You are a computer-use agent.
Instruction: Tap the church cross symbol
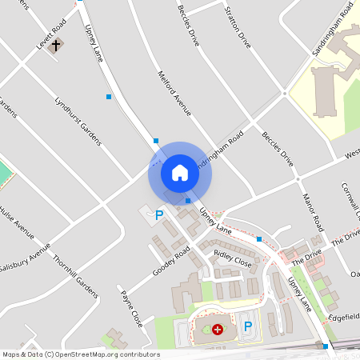(x=55, y=46)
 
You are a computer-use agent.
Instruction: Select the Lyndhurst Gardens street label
(x=78, y=121)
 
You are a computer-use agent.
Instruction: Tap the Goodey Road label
(x=171, y=262)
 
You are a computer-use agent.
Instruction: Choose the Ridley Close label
(x=233, y=258)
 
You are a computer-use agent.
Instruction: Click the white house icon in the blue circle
(x=180, y=172)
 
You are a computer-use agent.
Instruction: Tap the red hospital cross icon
(x=218, y=329)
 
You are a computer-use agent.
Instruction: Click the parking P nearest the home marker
(x=159, y=215)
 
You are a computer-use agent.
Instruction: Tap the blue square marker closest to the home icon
(x=188, y=201)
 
